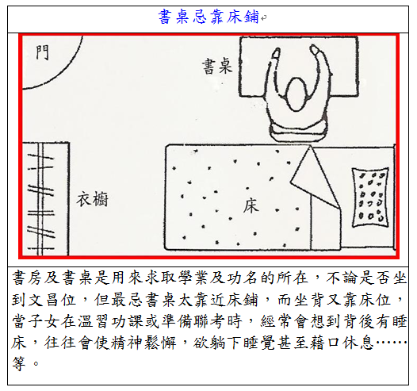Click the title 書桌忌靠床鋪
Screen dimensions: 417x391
click(208, 17)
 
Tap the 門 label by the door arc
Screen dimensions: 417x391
click(43, 52)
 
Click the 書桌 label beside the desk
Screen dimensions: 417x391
click(217, 67)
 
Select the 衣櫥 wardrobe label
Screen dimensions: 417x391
click(93, 200)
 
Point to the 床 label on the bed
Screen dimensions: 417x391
click(251, 206)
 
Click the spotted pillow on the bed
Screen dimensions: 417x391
click(370, 197)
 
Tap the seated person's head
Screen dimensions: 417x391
click(296, 94)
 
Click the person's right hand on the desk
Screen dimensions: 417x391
click(316, 50)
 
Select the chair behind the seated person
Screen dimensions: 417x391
click(298, 132)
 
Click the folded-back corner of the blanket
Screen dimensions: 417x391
click(316, 178)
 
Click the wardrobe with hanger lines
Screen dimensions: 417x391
click(45, 199)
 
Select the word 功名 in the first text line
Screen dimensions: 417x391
click(242, 278)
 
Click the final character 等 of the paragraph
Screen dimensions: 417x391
click(18, 363)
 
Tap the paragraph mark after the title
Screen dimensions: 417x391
click(263, 18)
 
